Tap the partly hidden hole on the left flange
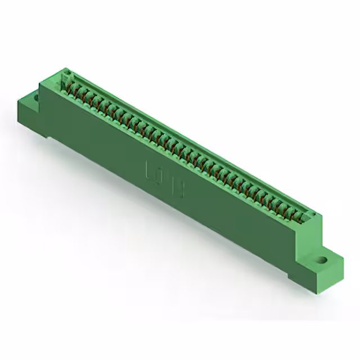coord(37,97)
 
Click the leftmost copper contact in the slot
coord(72,88)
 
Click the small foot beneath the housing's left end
coord(51,135)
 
